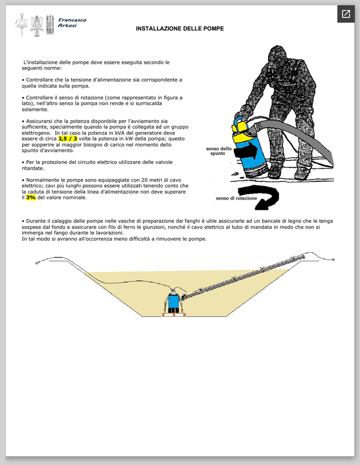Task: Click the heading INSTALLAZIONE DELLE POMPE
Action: point(180,28)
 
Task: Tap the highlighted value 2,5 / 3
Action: point(67,138)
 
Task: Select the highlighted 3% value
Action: point(31,198)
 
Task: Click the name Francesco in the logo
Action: point(72,20)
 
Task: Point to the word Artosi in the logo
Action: point(67,26)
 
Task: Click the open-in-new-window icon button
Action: point(346,14)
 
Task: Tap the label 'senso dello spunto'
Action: point(219,151)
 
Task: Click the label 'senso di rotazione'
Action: point(236,198)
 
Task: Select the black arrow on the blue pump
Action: point(247,151)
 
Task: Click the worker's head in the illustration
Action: point(277,56)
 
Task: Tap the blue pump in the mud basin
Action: point(173,301)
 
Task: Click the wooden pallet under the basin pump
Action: point(174,314)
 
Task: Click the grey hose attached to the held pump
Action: point(294,134)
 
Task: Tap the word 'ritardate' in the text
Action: point(33,168)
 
